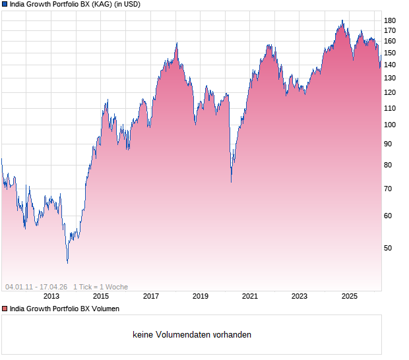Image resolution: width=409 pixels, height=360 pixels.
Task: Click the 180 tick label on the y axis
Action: [x=390, y=20]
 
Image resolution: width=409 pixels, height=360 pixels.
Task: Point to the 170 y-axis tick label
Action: [x=390, y=30]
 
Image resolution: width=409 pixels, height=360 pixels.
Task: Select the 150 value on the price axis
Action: [x=390, y=52]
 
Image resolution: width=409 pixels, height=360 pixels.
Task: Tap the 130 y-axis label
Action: [x=390, y=78]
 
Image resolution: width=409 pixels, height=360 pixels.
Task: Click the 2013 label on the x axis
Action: [x=51, y=297]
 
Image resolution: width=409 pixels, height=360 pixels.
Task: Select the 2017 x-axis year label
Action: [x=151, y=297]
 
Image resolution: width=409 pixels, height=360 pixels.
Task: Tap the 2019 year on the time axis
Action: [x=201, y=297]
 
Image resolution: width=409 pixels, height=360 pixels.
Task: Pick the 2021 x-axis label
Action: [x=250, y=297]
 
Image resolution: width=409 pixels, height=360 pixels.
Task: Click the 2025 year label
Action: [x=349, y=297]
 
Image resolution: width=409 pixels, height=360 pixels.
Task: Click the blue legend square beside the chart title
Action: [x=5, y=4]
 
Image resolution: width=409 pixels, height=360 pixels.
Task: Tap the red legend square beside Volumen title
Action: [x=5, y=309]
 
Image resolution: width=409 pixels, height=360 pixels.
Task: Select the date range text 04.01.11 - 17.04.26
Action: [x=36, y=287]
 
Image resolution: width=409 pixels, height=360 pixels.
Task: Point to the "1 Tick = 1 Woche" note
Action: [x=100, y=287]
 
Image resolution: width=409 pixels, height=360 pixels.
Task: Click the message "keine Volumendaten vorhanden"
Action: [x=192, y=335]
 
